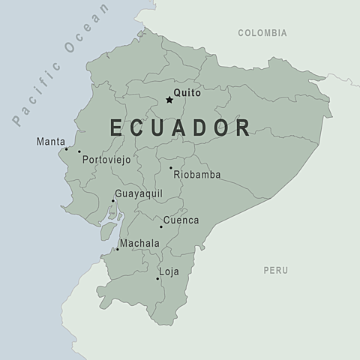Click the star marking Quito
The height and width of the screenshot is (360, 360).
(169, 100)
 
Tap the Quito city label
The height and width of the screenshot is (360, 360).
(186, 94)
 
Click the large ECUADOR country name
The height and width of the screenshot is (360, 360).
(181, 127)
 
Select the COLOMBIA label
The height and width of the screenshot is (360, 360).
(262, 33)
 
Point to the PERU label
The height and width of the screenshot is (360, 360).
(275, 270)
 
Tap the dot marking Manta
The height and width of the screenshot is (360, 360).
(66, 148)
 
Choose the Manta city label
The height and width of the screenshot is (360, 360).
(49, 141)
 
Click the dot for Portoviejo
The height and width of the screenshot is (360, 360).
(79, 151)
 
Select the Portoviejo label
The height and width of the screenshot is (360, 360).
(106, 160)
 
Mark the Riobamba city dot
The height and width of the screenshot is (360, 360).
(170, 168)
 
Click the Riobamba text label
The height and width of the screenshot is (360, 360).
(197, 175)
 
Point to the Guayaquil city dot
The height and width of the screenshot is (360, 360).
(113, 200)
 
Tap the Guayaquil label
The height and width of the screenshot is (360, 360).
(139, 193)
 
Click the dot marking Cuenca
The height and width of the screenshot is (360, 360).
(160, 226)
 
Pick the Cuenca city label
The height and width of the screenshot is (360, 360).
(181, 220)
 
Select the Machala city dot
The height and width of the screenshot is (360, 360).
(118, 249)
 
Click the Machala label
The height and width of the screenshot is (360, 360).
(139, 244)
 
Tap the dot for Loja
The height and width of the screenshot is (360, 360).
(157, 279)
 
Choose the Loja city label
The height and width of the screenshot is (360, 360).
(169, 271)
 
